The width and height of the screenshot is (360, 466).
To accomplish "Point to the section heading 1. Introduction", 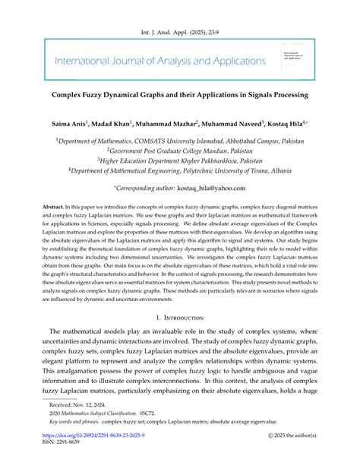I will click(179, 320).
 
